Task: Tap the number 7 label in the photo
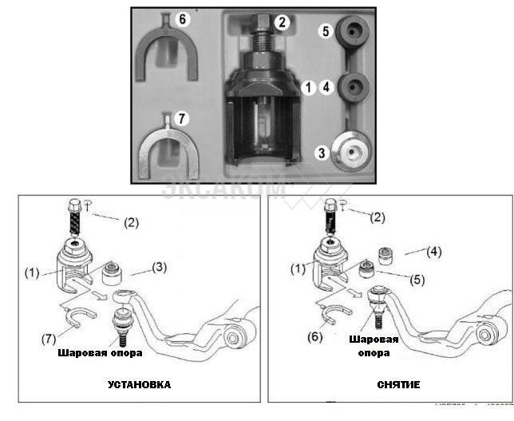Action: click(181, 118)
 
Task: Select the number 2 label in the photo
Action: click(281, 22)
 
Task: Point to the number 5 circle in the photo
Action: click(325, 31)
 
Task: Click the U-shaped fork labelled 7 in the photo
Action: click(168, 152)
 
